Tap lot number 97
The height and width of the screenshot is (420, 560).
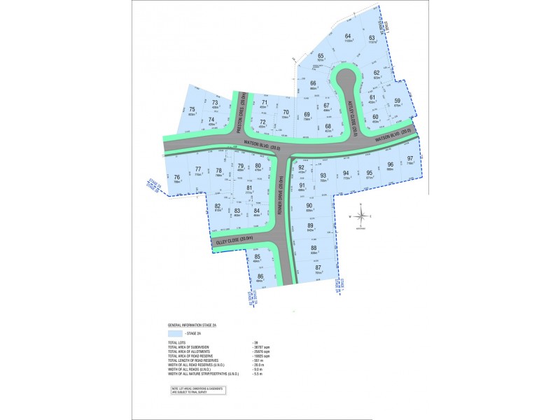(x=411, y=159)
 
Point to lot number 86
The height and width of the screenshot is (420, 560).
(x=260, y=276)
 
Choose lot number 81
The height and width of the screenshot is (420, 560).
(x=249, y=188)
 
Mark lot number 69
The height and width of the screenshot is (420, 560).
(x=307, y=114)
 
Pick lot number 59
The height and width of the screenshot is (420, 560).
(x=397, y=101)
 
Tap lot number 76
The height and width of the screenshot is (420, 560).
(x=177, y=178)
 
